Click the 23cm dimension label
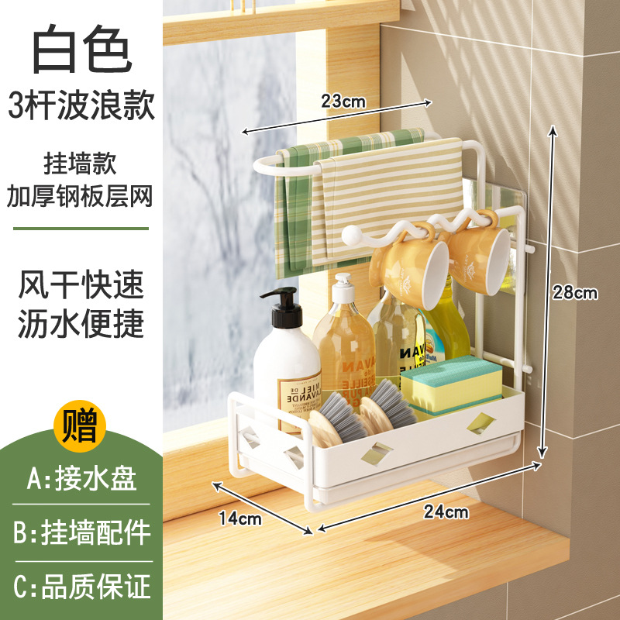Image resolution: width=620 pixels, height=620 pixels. [x=343, y=101]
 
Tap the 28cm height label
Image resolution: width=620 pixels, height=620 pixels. [x=574, y=293]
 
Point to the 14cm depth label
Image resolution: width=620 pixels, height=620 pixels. [x=239, y=519]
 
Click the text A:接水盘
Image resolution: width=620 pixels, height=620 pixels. [x=81, y=480]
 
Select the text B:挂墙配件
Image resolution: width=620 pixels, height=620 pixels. [x=81, y=533]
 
